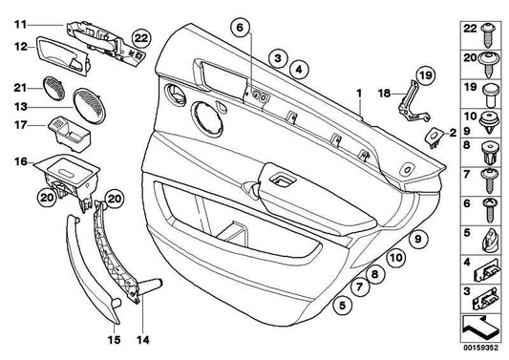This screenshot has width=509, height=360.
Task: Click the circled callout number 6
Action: pyautogui.click(x=240, y=28)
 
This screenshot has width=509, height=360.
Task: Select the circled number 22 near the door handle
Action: pyautogui.click(x=141, y=38)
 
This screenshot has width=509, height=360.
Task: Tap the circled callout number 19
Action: pyautogui.click(x=425, y=75)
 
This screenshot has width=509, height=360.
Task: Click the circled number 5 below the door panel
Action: pyautogui.click(x=343, y=306)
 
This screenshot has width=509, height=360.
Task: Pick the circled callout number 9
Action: pyautogui.click(x=418, y=239)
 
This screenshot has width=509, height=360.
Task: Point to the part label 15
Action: pyautogui.click(x=114, y=340)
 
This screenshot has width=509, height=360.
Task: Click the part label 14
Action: pyautogui.click(x=143, y=340)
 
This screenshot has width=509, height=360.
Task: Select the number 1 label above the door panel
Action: pyautogui.click(x=359, y=94)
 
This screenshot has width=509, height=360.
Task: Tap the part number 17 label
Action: pyautogui.click(x=20, y=125)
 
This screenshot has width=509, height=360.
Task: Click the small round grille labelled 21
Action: pyautogui.click(x=53, y=88)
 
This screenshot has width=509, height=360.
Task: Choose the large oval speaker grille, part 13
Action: pyautogui.click(x=89, y=106)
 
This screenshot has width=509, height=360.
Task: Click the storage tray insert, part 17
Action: pyautogui.click(x=70, y=134)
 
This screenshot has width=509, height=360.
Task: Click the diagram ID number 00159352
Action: pyautogui.click(x=480, y=348)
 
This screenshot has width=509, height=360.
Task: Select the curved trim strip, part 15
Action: pyautogui.click(x=92, y=270)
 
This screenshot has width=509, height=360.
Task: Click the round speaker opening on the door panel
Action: pyautogui.click(x=208, y=118)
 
